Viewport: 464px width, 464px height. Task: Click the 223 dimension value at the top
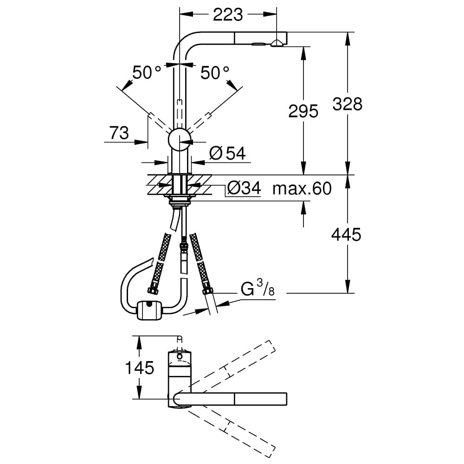[228, 15]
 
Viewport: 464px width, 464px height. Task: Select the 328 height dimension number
[347, 104]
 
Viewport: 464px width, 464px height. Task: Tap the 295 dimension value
[303, 111]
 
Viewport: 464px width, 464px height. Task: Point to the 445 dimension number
[346, 235]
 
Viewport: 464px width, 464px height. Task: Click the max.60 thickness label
[302, 188]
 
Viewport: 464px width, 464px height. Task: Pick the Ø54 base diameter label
[227, 153]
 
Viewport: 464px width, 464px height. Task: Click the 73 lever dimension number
[119, 134]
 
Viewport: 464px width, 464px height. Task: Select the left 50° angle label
[147, 72]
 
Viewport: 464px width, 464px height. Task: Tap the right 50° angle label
[215, 72]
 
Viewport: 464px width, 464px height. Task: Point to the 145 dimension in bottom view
[139, 368]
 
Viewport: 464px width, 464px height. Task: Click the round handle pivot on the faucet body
[179, 139]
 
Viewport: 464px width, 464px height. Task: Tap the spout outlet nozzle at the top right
[276, 44]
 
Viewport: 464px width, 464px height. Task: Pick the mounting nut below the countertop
[179, 200]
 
